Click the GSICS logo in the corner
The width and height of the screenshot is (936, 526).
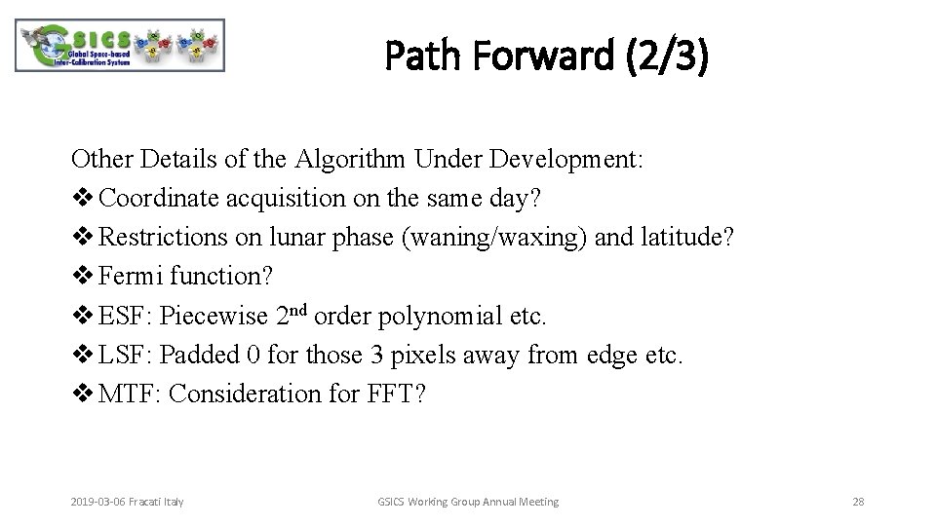click(x=120, y=46)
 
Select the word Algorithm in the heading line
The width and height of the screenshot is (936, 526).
click(x=342, y=160)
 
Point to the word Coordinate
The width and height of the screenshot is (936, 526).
click(x=159, y=199)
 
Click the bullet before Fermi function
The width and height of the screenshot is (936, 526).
click(x=81, y=277)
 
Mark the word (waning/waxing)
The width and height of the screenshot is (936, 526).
click(x=494, y=238)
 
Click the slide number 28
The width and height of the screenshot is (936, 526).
click(x=858, y=502)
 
